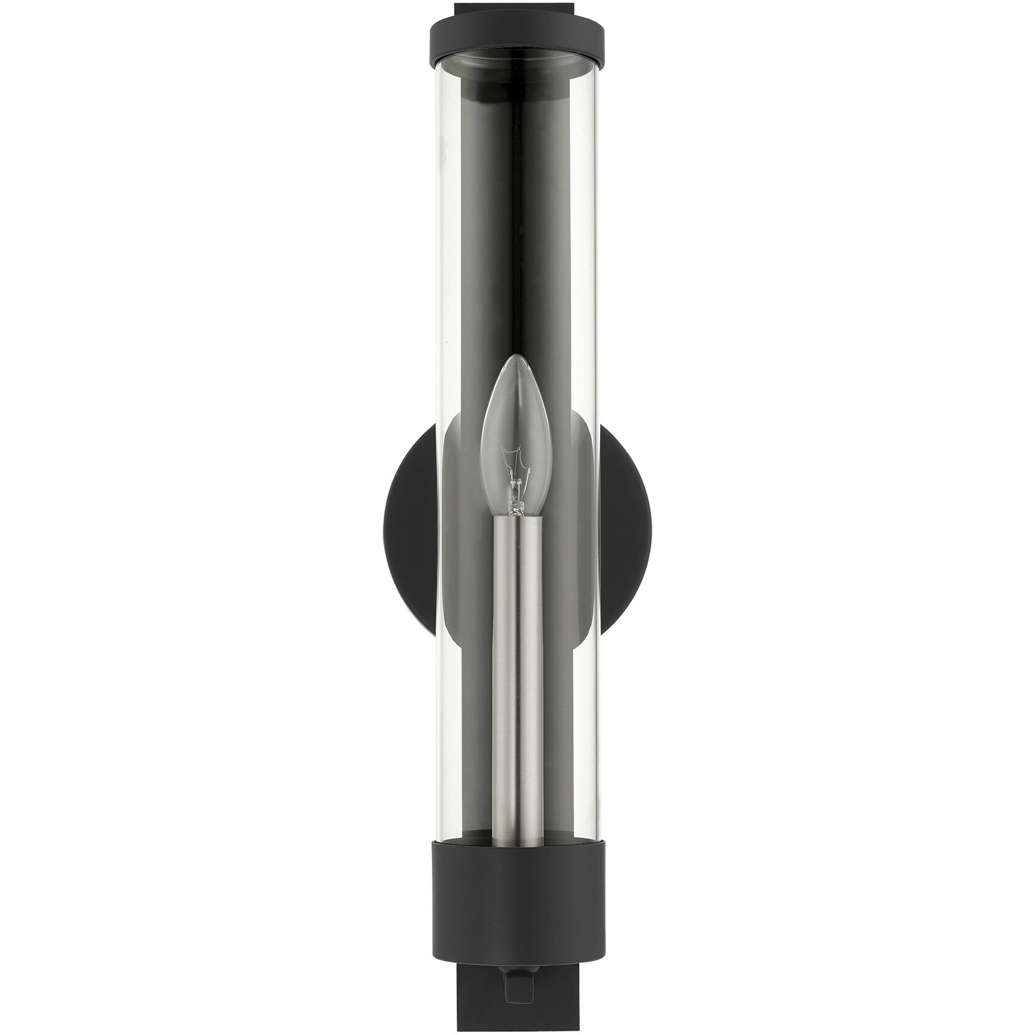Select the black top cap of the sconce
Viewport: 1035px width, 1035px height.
(516, 37)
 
